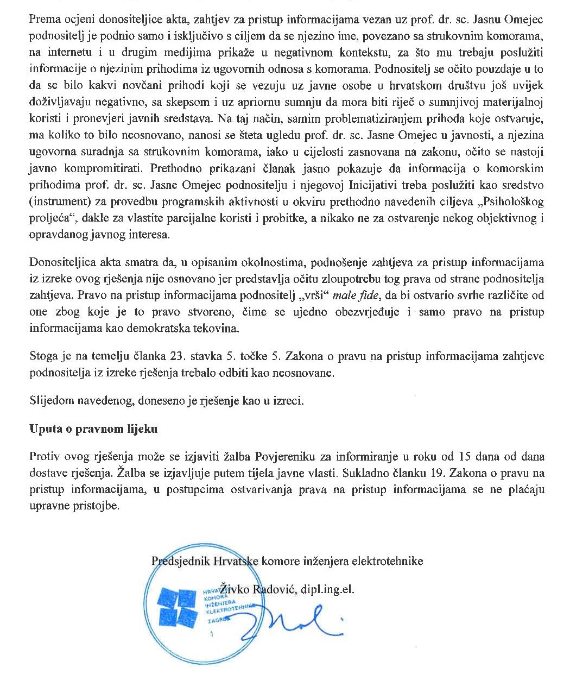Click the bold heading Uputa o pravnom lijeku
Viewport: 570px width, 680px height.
93,429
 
